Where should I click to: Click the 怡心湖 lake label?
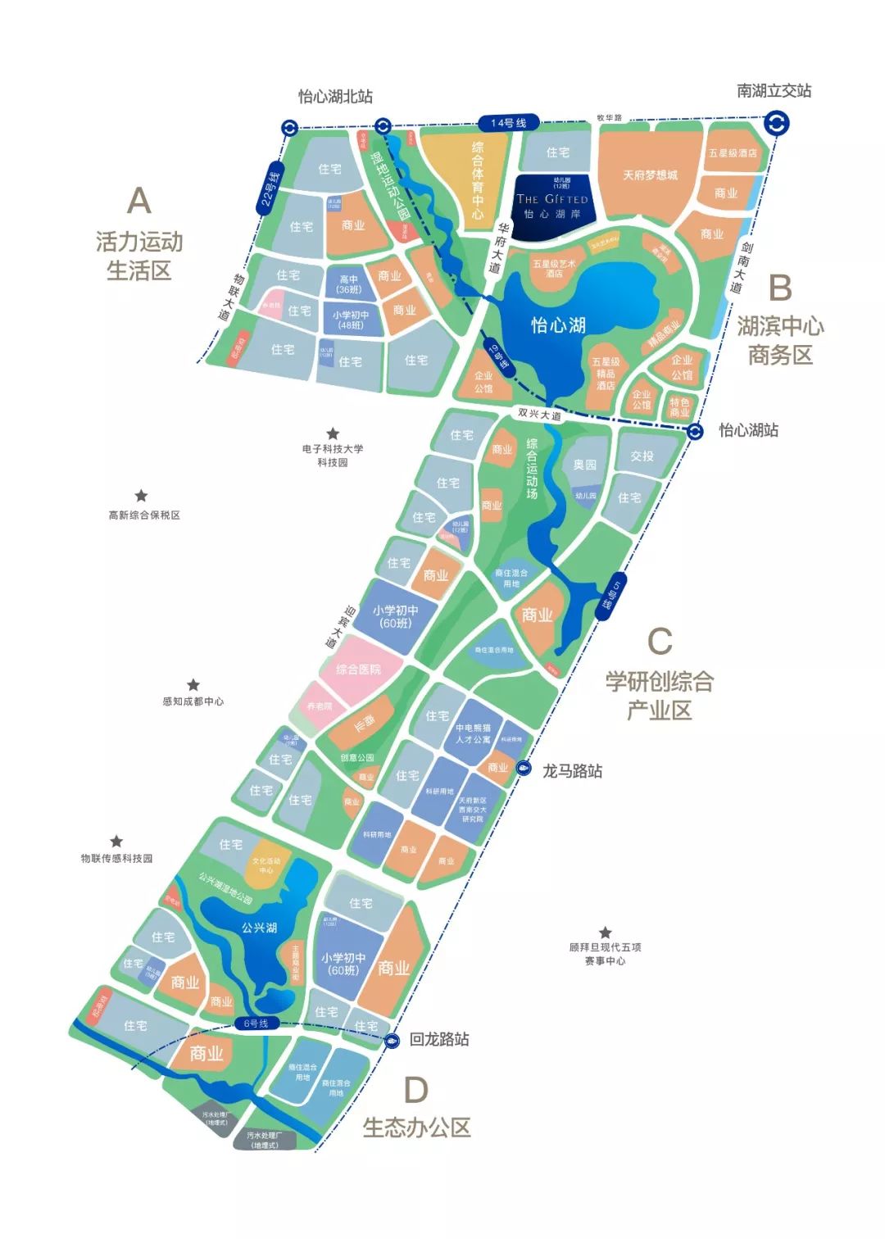(558, 325)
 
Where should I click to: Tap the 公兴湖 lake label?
(259, 928)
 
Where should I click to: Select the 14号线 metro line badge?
(508, 123)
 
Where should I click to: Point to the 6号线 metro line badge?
(256, 1023)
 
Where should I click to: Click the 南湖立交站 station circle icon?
(776, 124)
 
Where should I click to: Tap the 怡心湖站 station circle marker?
(695, 431)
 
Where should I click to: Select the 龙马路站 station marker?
(524, 769)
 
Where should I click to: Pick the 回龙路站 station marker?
(392, 1040)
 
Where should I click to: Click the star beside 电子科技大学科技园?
(333, 433)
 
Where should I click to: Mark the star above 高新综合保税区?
(141, 496)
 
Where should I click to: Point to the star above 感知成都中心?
(193, 684)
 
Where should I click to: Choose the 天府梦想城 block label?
(650, 175)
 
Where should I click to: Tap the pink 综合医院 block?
(358, 669)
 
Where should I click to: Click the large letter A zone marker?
(139, 201)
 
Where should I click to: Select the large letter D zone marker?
(416, 1090)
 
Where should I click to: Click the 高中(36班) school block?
(349, 284)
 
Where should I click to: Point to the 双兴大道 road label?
(540, 414)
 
